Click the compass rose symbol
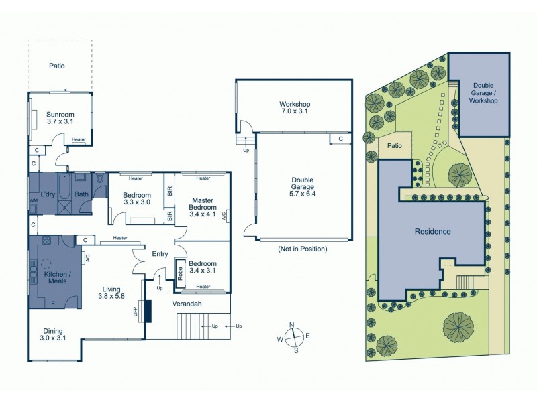point(293,338)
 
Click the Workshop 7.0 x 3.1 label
point(295,108)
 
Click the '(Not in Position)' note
point(302,249)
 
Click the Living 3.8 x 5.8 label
point(112,291)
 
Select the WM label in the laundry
point(33,200)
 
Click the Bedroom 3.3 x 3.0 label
point(136,199)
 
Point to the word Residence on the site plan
point(432,231)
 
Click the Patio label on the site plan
point(394,145)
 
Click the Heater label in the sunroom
point(79,140)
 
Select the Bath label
point(81,195)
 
